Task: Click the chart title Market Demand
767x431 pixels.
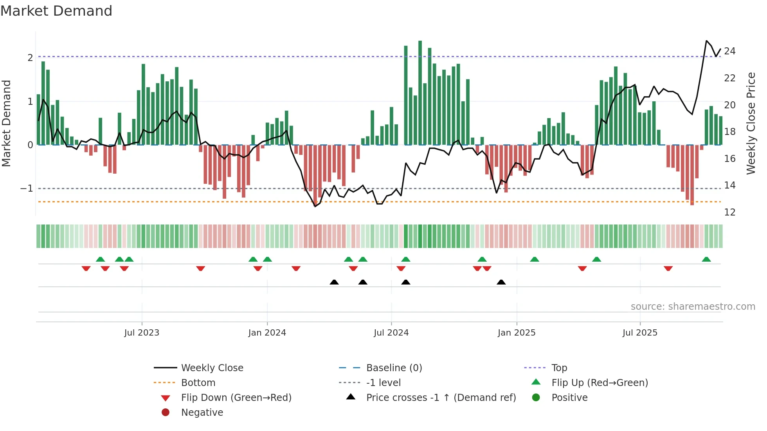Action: tap(56, 11)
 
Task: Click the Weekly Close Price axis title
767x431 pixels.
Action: tap(751, 123)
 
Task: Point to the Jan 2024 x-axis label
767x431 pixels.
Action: tap(267, 333)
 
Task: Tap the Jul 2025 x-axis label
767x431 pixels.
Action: tap(640, 333)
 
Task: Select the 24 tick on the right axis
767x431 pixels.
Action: tap(729, 51)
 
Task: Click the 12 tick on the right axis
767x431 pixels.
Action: tap(729, 212)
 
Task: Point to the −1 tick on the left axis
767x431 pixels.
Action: tap(27, 189)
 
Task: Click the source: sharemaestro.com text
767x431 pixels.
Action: tap(693, 307)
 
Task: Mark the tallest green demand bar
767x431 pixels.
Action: tap(420, 92)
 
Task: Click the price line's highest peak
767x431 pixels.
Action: tap(706, 41)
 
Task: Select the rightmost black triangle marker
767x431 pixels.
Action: tap(501, 282)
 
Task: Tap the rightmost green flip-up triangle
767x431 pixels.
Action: tap(706, 259)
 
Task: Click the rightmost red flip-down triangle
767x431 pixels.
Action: tap(668, 268)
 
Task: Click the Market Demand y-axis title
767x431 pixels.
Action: tap(6, 123)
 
